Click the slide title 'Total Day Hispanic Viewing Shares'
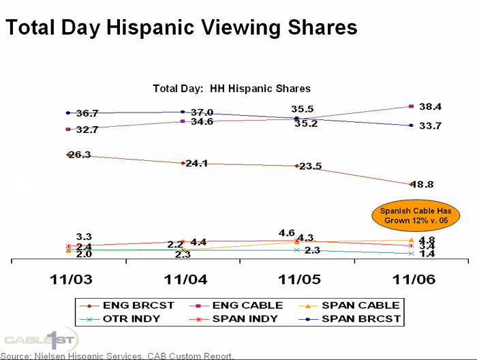(181, 27)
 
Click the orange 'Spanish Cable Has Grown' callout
(416, 215)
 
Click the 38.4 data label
(431, 107)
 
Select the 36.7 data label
(87, 113)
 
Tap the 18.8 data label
(429, 184)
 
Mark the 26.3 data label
(80, 155)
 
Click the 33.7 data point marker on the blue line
(411, 125)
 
